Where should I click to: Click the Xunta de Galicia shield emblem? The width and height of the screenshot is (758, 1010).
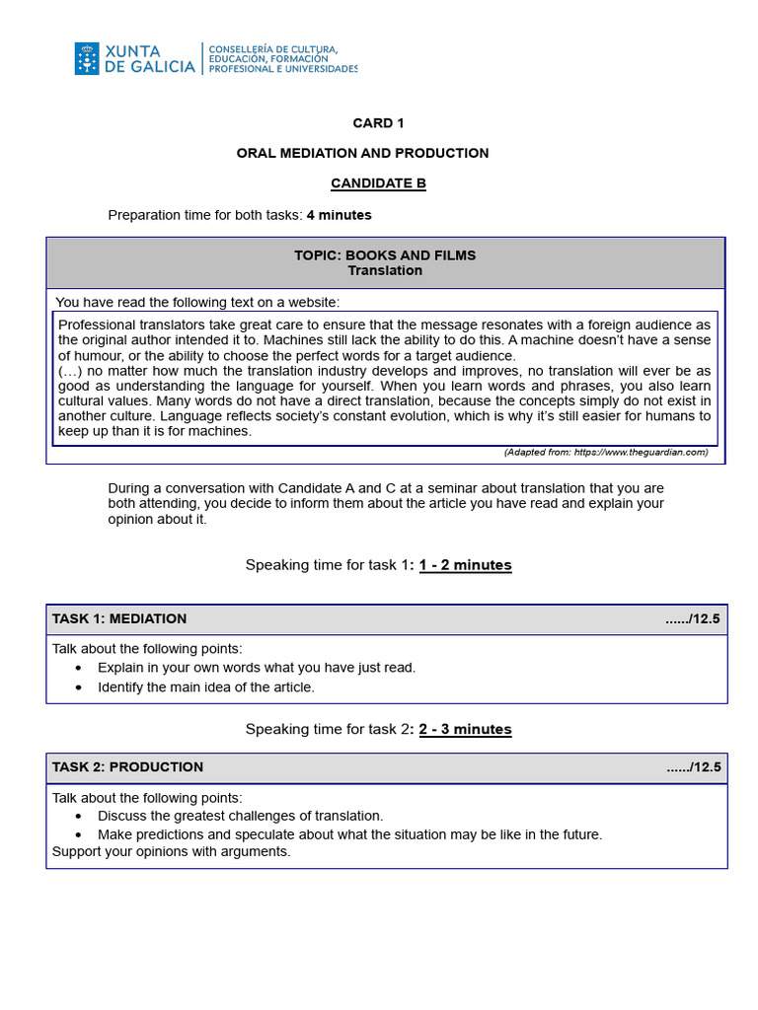coord(86,58)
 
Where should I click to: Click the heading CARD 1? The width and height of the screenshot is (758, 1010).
coord(378,123)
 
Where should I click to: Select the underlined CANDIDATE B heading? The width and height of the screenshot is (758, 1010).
coord(378,183)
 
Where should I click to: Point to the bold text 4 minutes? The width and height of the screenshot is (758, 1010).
coord(339,215)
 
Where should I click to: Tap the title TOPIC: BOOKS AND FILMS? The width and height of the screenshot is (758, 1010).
coord(385,254)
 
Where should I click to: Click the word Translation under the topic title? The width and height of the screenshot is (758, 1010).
coord(385,270)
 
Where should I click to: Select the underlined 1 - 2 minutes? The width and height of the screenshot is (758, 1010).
coord(465,565)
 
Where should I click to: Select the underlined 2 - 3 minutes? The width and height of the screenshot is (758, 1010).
coord(465,730)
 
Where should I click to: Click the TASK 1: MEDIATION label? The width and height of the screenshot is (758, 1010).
coord(119,619)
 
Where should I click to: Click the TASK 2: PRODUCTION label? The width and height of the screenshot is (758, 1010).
coord(127,767)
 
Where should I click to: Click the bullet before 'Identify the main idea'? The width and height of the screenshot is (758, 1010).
coord(79,687)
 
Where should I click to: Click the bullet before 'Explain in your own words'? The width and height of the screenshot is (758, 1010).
coord(79,668)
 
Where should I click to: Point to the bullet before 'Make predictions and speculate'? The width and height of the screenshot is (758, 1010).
coord(79,834)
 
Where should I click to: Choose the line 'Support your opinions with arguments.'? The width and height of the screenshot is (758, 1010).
coord(171,851)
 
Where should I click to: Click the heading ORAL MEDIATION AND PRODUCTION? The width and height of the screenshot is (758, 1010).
coord(362,153)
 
